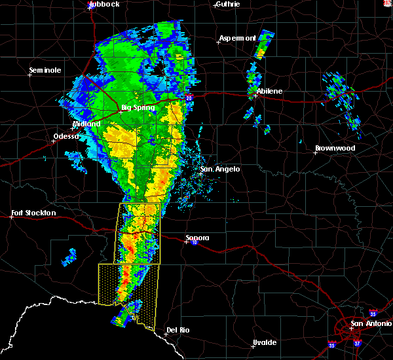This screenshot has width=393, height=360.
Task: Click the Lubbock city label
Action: [x=106, y=4]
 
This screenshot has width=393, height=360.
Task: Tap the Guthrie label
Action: [x=227, y=4]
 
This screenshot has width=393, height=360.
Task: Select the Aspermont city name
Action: [x=237, y=38]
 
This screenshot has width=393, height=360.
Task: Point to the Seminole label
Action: [x=45, y=70]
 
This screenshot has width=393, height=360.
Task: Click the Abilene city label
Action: [x=270, y=91]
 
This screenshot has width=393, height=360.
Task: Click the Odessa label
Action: [x=65, y=137]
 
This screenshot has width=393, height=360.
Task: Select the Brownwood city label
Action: [x=335, y=148]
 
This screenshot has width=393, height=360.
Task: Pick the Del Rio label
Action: [x=178, y=330]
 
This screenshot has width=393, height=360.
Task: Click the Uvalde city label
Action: [x=265, y=342]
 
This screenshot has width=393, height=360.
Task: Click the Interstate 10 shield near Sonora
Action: [x=194, y=242]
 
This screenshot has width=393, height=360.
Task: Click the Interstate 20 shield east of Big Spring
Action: [x=189, y=98]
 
